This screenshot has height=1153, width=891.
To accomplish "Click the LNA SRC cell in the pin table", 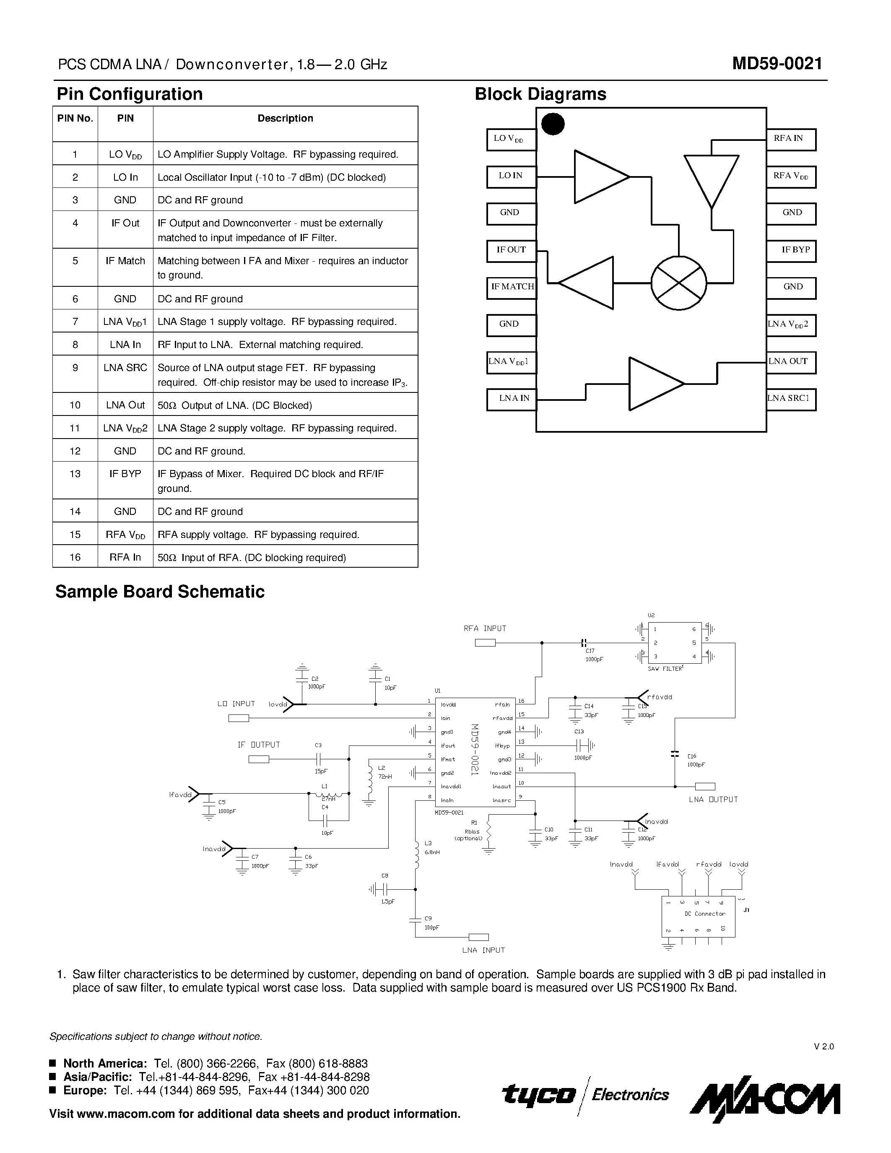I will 125,368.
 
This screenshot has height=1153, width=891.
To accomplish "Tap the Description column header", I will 285,118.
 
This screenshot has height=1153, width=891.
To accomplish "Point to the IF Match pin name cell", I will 125,261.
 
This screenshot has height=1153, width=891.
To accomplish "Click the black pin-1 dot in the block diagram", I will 553,124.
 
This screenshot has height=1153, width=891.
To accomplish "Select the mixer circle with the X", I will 679,283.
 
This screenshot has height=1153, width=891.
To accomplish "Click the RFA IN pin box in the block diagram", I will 790,139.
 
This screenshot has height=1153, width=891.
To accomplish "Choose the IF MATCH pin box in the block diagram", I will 512,287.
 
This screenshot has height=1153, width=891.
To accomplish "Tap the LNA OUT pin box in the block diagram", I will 790,362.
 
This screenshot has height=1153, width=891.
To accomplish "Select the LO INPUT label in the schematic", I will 236,704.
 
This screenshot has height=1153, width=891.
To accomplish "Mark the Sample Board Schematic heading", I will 160,592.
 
